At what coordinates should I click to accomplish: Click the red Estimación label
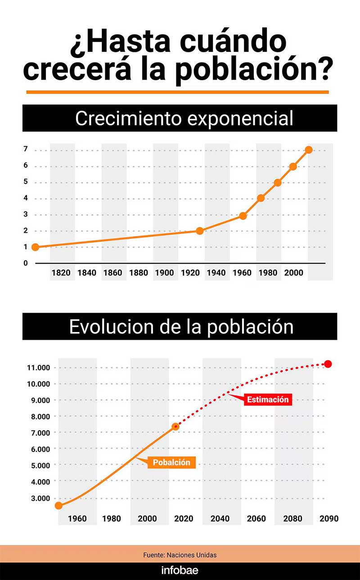coord(268,400)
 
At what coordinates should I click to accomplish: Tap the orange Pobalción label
coord(171,462)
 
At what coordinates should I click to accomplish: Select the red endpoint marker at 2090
coord(328,364)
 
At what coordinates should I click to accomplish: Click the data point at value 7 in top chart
coord(309,150)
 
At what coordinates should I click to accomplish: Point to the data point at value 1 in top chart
coord(35,247)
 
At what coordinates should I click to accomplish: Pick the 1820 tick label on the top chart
coord(61,273)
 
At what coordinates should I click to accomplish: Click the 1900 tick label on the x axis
coord(165,273)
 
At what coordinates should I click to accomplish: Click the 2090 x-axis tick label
coord(328,519)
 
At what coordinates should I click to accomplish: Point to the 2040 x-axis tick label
coord(220,519)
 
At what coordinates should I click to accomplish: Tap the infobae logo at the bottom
coord(180,571)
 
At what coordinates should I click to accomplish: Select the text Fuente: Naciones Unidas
coord(180,555)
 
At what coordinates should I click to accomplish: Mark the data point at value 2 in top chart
coord(200,231)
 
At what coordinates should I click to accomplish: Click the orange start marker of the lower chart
coord(58,505)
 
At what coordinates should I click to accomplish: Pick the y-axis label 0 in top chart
coord(26,263)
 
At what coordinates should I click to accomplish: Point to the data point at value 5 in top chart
coord(278,183)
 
